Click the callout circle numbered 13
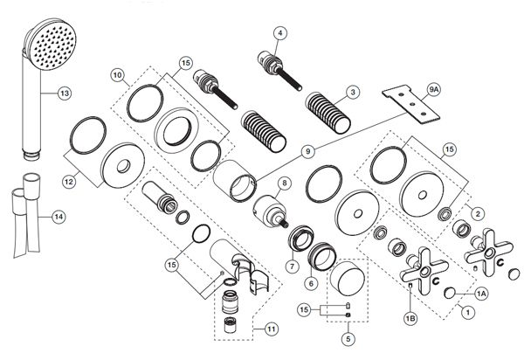click(x=65, y=93)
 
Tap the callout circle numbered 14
click(x=59, y=217)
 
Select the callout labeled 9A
click(x=434, y=89)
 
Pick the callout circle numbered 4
click(x=280, y=32)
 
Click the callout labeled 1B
click(x=410, y=319)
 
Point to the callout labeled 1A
click(x=481, y=294)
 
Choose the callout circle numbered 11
click(x=272, y=329)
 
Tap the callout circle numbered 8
click(x=285, y=183)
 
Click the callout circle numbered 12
click(x=69, y=182)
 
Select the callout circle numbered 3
click(x=353, y=92)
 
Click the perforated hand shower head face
click(x=52, y=44)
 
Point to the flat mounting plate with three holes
click(x=411, y=104)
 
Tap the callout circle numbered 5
click(x=348, y=339)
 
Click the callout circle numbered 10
click(x=117, y=75)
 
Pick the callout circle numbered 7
click(x=293, y=267)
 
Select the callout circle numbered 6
click(x=311, y=283)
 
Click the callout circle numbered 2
click(x=478, y=213)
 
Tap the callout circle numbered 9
click(x=307, y=151)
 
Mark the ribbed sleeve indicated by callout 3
click(x=327, y=113)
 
